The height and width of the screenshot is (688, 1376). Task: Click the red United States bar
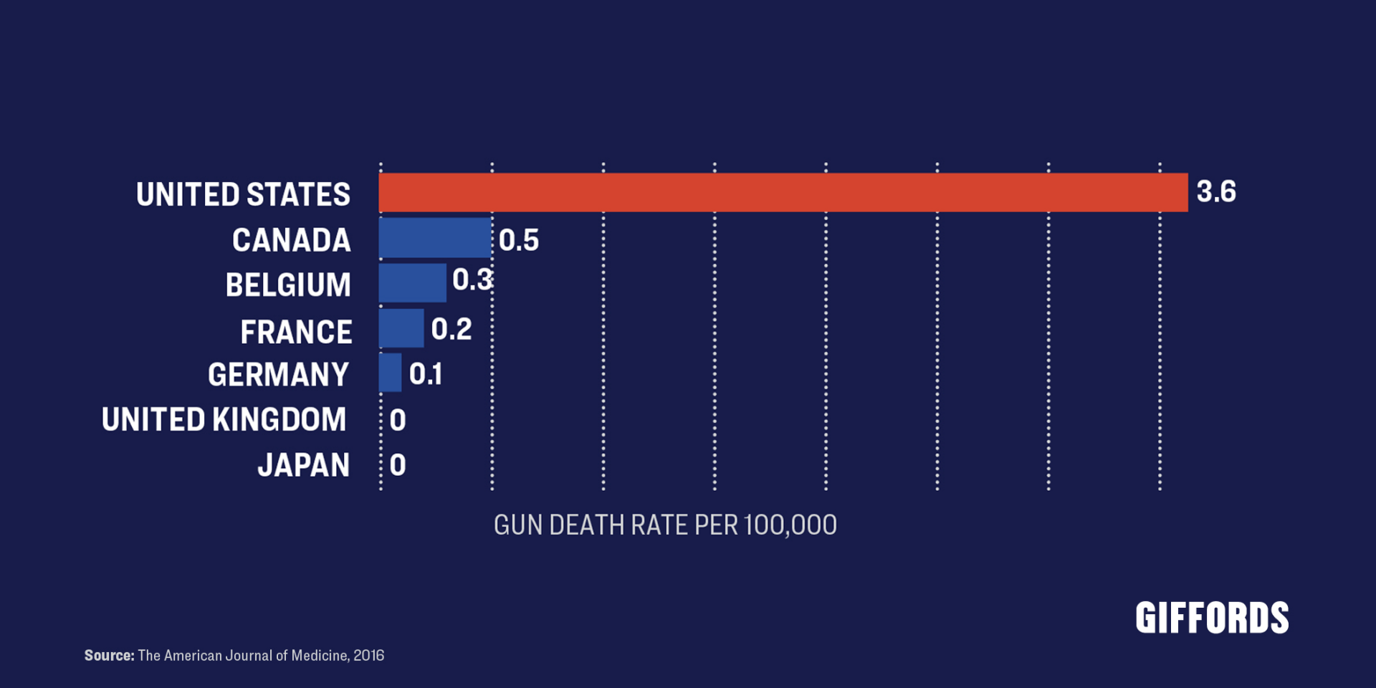point(783,192)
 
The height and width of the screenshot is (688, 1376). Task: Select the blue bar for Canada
point(435,238)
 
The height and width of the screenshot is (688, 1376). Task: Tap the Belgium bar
point(412,282)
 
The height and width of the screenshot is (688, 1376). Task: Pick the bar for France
point(401,328)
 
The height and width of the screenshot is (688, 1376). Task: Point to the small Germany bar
point(391,373)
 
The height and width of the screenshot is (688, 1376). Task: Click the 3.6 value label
point(1216,192)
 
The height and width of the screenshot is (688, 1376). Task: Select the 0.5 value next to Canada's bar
point(518,241)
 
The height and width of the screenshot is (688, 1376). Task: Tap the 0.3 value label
point(472,279)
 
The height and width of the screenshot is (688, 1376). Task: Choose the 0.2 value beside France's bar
point(451,329)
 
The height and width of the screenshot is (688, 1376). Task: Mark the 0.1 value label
point(426,374)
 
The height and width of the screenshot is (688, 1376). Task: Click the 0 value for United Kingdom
point(398,420)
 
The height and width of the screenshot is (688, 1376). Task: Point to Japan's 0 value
point(398,465)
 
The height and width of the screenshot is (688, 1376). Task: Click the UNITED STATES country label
point(244,194)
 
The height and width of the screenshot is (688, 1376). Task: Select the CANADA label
point(292,240)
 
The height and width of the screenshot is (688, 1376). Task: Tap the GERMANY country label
point(279,375)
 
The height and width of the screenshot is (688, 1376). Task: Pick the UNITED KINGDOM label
point(224,420)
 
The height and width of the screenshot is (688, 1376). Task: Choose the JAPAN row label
point(304,465)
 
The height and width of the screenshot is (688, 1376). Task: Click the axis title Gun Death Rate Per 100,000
point(665,525)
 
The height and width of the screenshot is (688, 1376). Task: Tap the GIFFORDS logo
point(1212,618)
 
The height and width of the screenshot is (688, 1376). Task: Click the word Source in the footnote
point(109,655)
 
